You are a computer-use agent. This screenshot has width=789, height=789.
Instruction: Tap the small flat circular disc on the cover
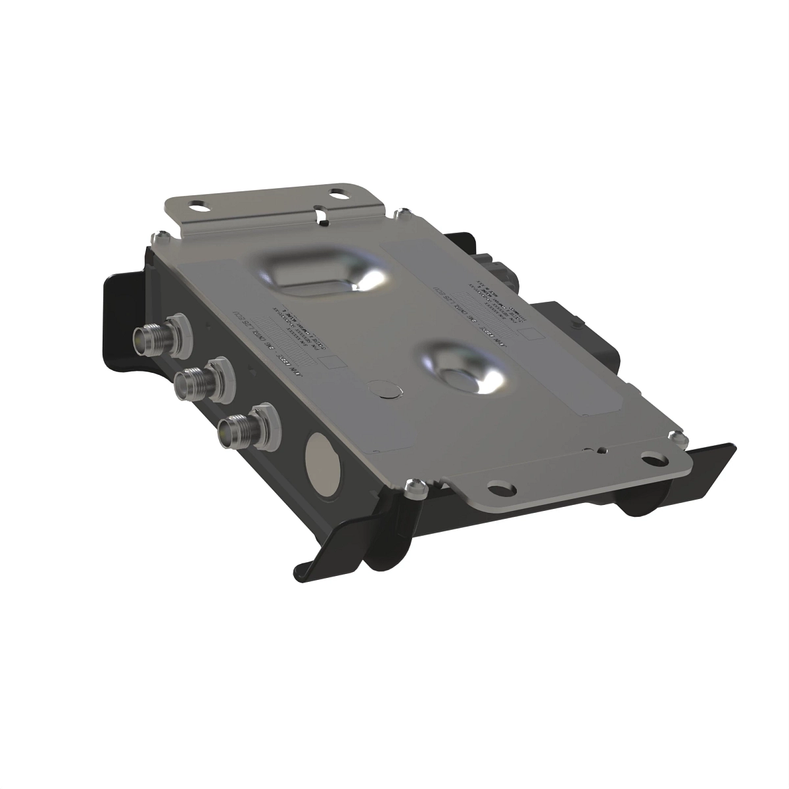385,389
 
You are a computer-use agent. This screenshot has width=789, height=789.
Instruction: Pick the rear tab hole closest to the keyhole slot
338,195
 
